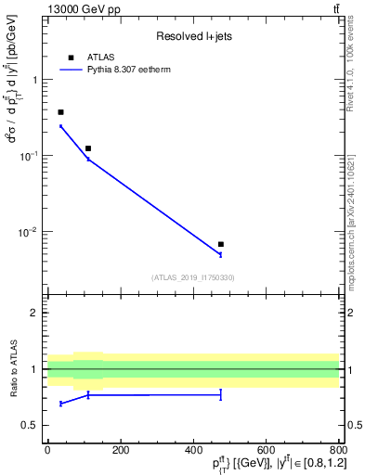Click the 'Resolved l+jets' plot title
tap(193, 36)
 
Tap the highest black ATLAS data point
tap(61, 112)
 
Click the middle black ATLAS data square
tap(88, 148)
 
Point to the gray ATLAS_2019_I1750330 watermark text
tap(193, 277)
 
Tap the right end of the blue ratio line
tap(221, 395)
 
